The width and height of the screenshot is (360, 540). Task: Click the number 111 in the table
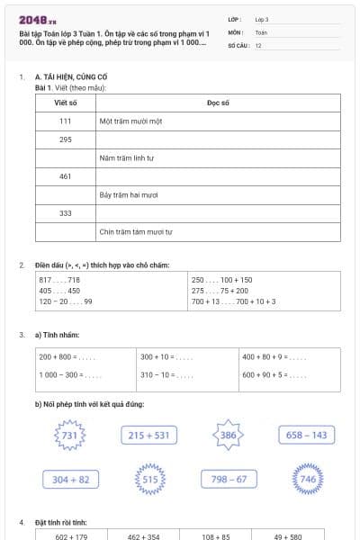pyautogui.click(x=66, y=121)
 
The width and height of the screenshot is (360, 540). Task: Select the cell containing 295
pyautogui.click(x=66, y=139)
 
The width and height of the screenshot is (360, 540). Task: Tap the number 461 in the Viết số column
pyautogui.click(x=66, y=176)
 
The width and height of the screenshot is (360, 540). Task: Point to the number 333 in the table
pyautogui.click(x=66, y=213)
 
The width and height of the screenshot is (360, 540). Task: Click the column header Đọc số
pyautogui.click(x=219, y=103)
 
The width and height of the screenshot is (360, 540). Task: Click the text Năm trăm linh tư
pyautogui.click(x=127, y=157)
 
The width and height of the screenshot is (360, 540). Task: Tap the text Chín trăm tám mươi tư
pyautogui.click(x=136, y=232)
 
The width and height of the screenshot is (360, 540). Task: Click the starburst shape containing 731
pyautogui.click(x=68, y=436)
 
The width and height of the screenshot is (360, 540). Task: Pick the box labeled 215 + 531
pyautogui.click(x=148, y=436)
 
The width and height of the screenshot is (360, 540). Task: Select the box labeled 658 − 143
pyautogui.click(x=307, y=436)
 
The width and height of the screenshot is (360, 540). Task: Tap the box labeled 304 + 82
pyautogui.click(x=71, y=480)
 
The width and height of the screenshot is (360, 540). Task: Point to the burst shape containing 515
pyautogui.click(x=149, y=480)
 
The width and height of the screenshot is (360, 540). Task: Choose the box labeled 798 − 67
pyautogui.click(x=229, y=480)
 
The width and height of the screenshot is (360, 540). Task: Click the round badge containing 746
pyautogui.click(x=308, y=480)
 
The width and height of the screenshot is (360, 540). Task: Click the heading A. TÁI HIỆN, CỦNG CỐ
pyautogui.click(x=72, y=78)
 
